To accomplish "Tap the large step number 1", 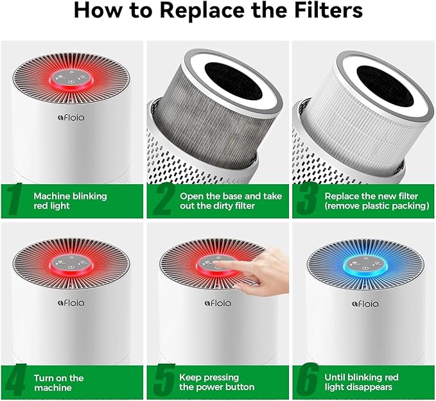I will pos(15,200).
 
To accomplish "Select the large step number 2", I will pos(161,200).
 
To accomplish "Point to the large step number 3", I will pos(306,200).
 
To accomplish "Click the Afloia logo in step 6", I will pos(362,302).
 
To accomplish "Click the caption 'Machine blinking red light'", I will pos(70,200).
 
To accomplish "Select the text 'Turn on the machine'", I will pos(58,382).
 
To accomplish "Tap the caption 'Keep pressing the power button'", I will pos(217,382).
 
